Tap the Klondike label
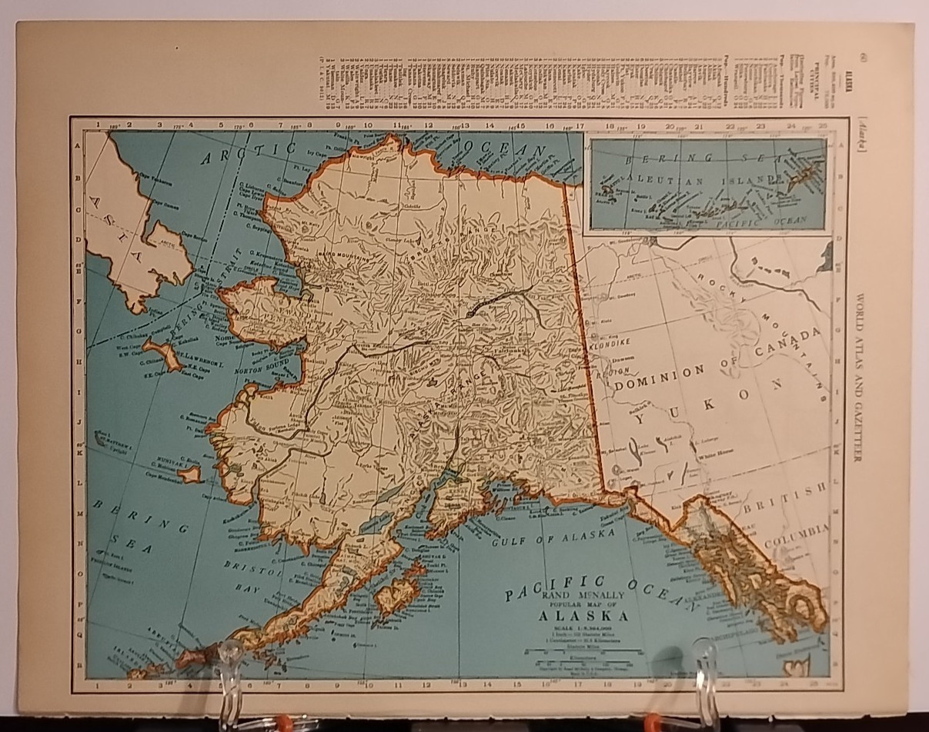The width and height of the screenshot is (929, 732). [610, 347]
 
